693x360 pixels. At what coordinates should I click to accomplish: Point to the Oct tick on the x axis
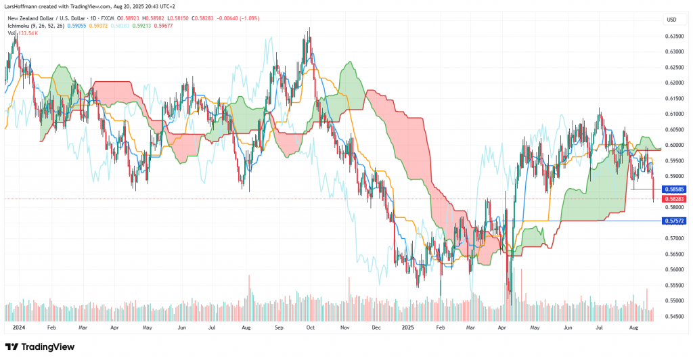click(311, 325)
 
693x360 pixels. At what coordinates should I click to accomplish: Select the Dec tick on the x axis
click(377, 325)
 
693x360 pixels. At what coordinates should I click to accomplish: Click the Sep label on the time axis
click(277, 325)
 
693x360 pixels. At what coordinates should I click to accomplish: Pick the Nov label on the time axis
click(344, 325)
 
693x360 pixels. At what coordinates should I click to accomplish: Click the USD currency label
click(672, 20)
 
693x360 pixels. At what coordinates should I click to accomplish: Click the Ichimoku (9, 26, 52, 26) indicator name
click(33, 25)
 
